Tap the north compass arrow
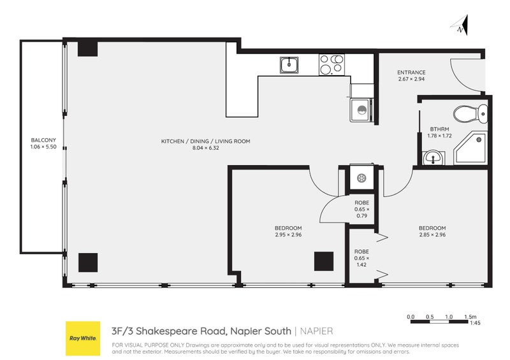pos(462,25)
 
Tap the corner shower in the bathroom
pos(472,147)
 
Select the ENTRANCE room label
pos(411,73)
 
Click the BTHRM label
pos(439,128)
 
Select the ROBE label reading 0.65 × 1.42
pos(361,256)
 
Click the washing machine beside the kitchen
pos(361,110)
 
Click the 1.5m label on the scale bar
pos(470,317)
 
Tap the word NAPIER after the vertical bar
pos(316,331)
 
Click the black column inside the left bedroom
pos(324,261)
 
